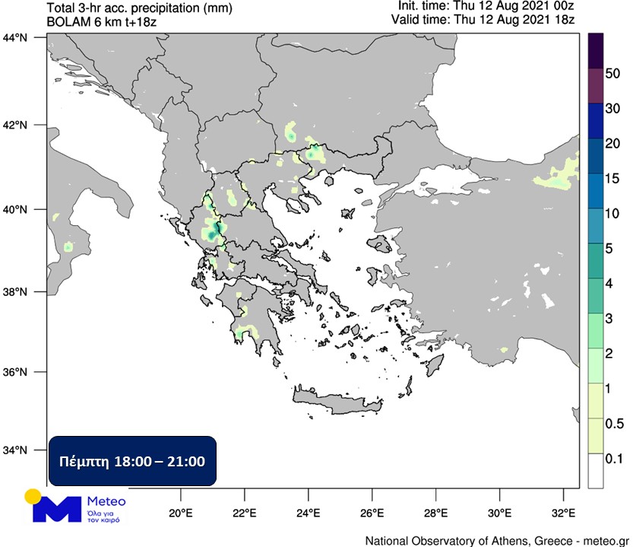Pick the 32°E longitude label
(x=563, y=511)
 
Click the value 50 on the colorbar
(x=612, y=74)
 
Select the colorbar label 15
(x=612, y=178)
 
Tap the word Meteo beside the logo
(x=107, y=501)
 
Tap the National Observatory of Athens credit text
(x=497, y=540)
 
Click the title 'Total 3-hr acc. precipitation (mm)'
(x=139, y=8)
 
